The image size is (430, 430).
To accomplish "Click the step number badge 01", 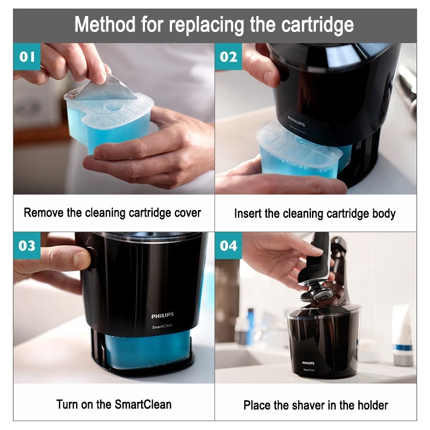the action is (x=27, y=57).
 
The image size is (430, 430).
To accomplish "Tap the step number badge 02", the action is (x=228, y=57).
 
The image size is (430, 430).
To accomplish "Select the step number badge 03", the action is (x=27, y=246).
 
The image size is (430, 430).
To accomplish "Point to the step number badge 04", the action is (x=228, y=246).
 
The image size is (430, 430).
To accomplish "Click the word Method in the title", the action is (x=105, y=25).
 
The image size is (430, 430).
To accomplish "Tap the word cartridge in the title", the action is (x=318, y=25).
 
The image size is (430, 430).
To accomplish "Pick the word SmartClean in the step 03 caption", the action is (x=143, y=405).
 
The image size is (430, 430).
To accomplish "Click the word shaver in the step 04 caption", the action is (x=303, y=405).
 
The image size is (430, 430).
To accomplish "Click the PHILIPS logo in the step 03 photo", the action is (x=163, y=316).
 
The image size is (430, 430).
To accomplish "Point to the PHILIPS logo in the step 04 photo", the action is (x=308, y=363).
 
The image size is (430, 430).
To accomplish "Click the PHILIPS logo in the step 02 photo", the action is (x=296, y=121).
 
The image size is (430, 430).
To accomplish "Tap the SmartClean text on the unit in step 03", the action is (x=162, y=326).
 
